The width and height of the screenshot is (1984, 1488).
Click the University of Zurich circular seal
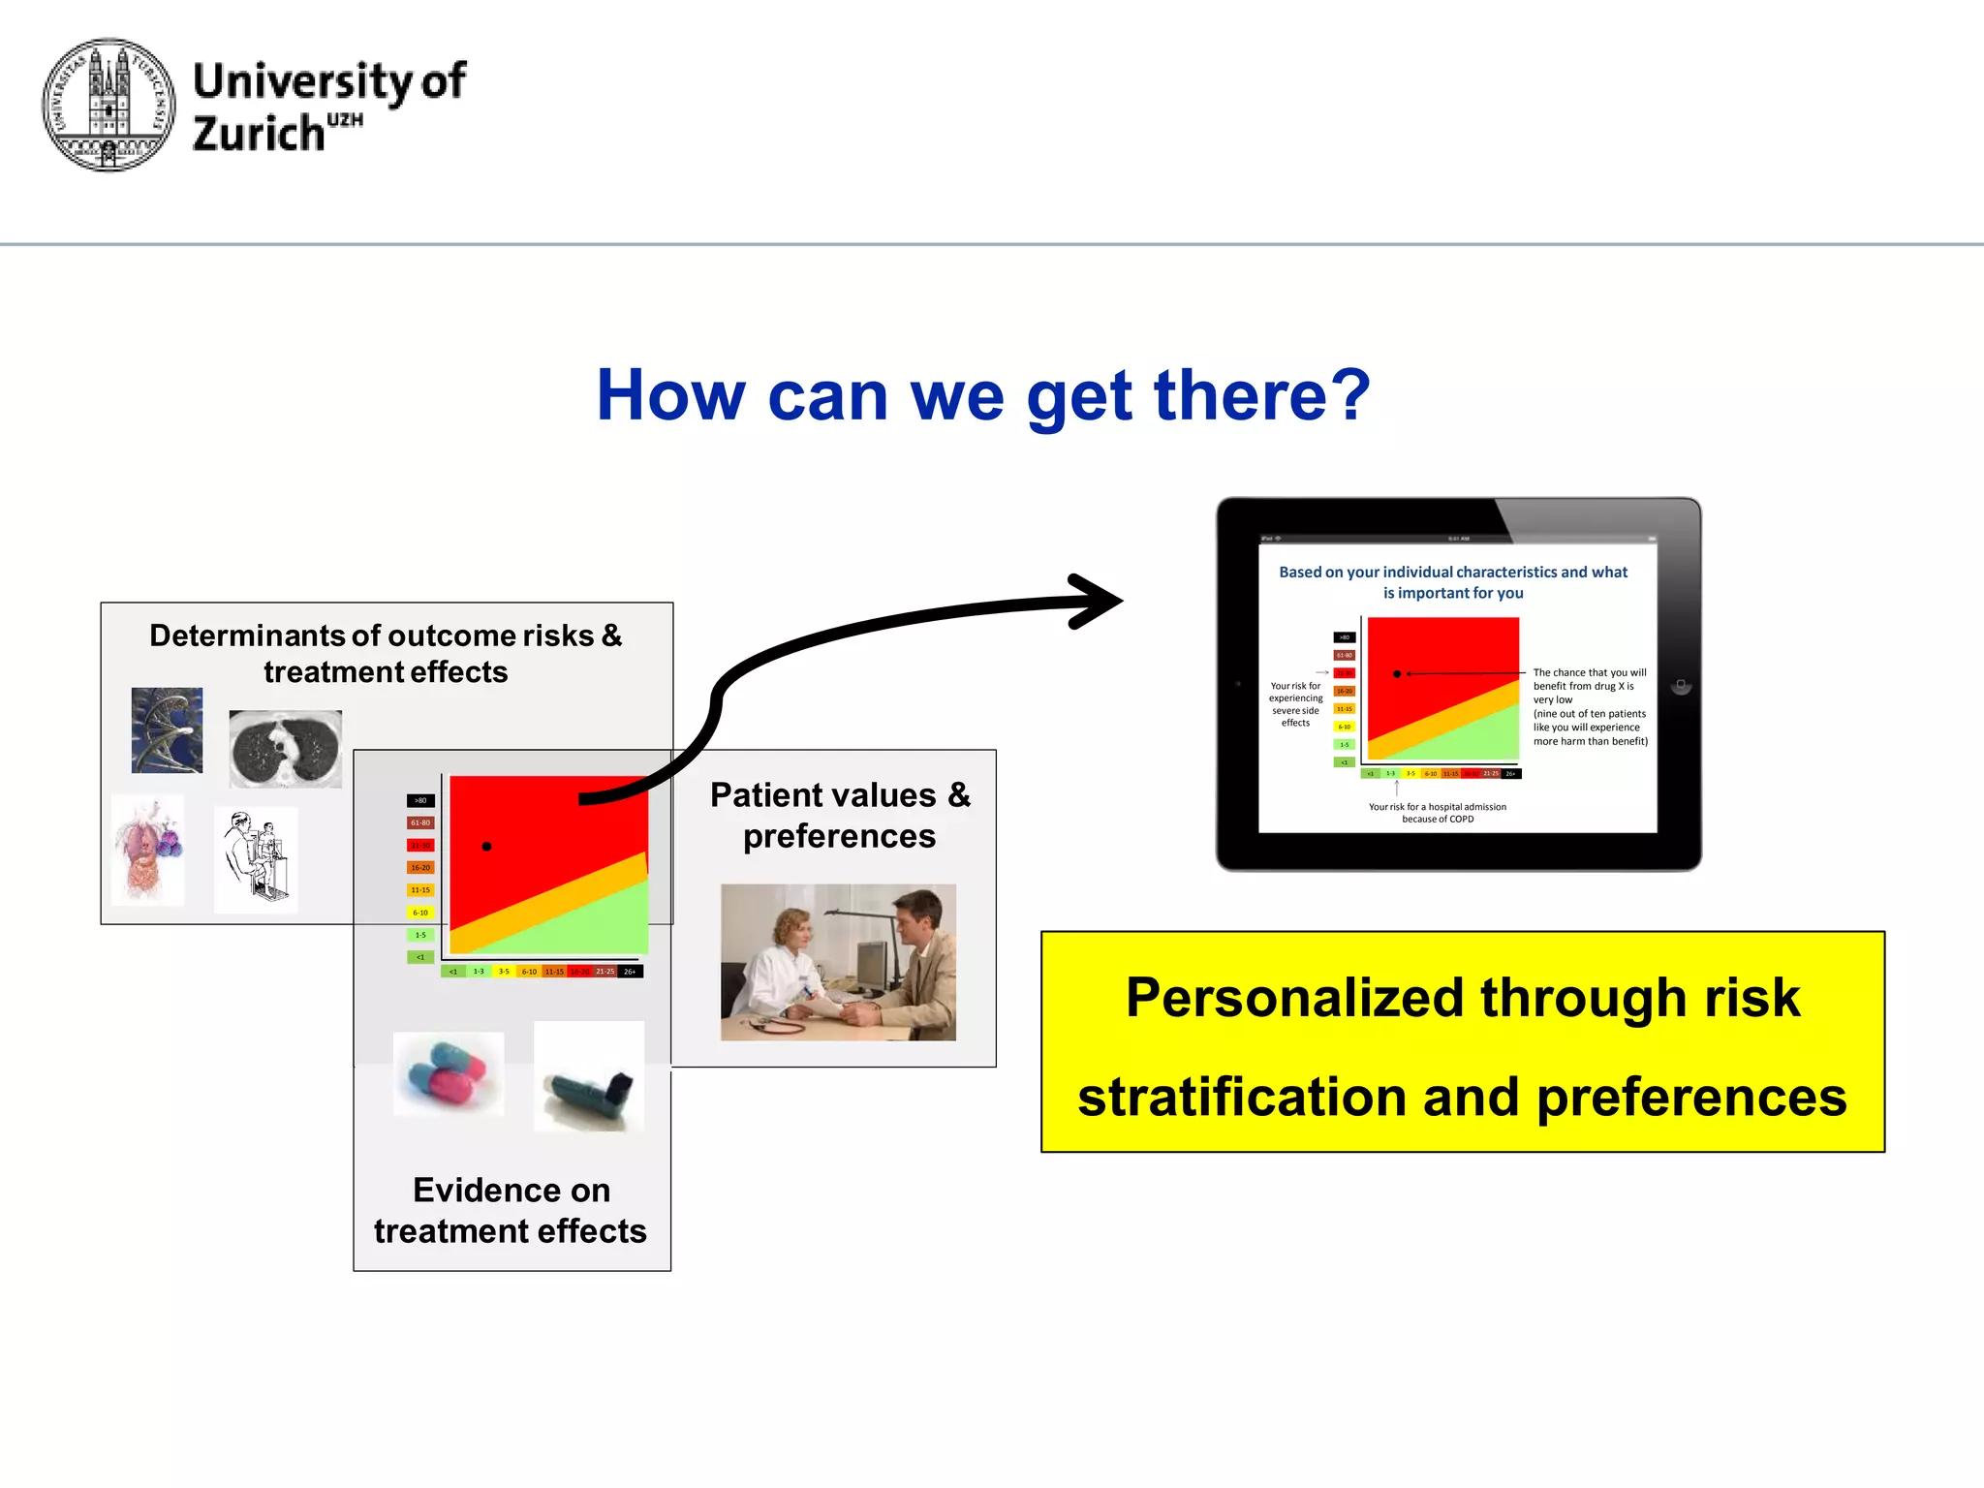tap(108, 105)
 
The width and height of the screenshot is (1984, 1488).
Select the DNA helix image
tap(167, 729)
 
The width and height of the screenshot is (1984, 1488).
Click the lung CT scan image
tap(285, 748)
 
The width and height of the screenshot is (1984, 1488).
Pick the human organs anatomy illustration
tap(147, 850)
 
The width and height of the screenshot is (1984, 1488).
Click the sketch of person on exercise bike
tap(255, 858)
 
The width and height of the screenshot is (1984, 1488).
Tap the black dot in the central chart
tap(486, 846)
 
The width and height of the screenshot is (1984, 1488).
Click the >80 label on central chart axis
tap(420, 800)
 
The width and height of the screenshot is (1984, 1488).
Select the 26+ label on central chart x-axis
tap(630, 972)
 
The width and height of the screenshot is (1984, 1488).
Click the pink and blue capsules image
tap(448, 1073)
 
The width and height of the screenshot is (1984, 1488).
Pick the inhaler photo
tap(589, 1077)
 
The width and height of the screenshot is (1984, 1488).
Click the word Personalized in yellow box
tap(1294, 998)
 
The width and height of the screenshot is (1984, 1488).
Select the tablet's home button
tap(1681, 685)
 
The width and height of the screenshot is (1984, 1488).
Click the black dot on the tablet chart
tap(1396, 673)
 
